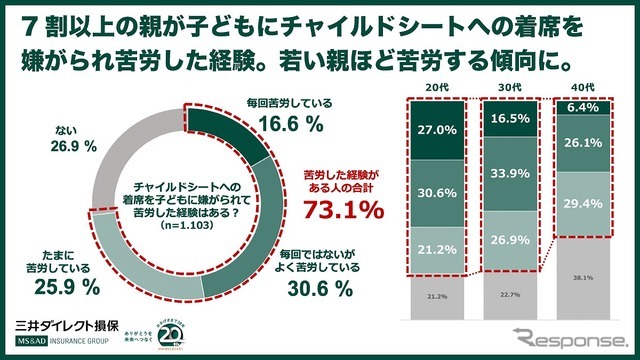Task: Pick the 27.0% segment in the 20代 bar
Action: coord(435,129)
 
